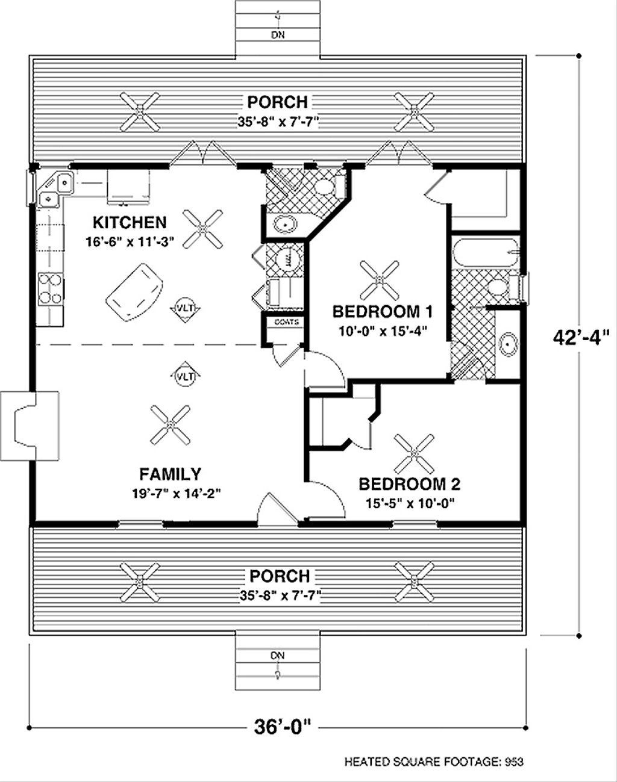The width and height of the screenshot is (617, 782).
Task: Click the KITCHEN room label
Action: click(130, 222)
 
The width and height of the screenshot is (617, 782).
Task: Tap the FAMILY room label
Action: click(171, 473)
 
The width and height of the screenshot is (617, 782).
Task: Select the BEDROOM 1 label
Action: click(383, 311)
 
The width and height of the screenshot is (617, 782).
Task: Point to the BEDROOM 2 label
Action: click(410, 484)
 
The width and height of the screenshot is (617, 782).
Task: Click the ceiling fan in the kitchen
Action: click(203, 229)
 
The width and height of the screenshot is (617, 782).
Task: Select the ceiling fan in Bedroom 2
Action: click(415, 453)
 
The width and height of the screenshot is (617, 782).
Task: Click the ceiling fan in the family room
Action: click(170, 425)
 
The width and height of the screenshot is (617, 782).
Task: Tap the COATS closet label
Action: click(286, 322)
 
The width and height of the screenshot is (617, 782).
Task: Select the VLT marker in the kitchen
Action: click(185, 308)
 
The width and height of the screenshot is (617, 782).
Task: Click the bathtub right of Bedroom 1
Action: click(485, 253)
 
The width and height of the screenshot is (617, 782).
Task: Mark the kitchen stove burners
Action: click(49, 288)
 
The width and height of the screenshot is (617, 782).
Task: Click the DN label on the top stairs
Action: click(277, 35)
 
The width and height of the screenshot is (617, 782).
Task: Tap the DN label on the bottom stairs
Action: click(277, 655)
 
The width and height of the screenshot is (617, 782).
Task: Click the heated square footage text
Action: click(434, 762)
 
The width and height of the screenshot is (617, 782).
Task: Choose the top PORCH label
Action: click(277, 102)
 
